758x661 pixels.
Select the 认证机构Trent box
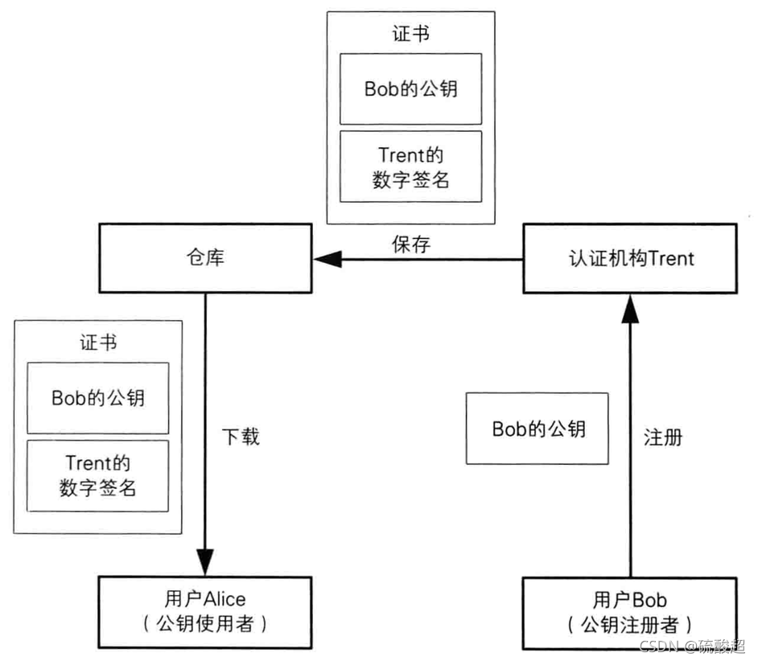[629, 259]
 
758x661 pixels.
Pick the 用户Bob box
[629, 610]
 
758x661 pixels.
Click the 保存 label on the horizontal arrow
[411, 244]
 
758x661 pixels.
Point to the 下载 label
[241, 437]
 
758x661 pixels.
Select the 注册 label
[663, 437]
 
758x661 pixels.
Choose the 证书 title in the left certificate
[98, 342]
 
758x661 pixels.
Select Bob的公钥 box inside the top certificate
[410, 88]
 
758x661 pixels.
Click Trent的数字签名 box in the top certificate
[410, 166]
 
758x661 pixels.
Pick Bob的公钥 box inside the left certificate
[98, 397]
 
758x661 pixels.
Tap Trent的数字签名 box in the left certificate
[98, 475]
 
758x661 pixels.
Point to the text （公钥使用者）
[204, 622]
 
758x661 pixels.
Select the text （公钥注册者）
[629, 623]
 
